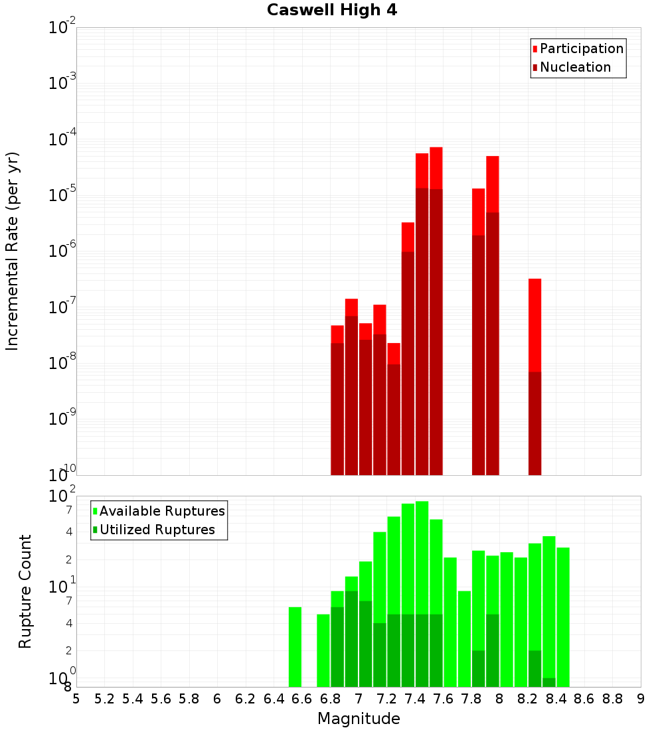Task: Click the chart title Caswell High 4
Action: pyautogui.click(x=332, y=11)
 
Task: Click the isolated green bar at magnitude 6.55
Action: pyautogui.click(x=295, y=646)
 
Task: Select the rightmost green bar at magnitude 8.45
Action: pyautogui.click(x=563, y=617)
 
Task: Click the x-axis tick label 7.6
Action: pyautogui.click(x=443, y=699)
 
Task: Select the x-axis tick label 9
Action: pyautogui.click(x=640, y=699)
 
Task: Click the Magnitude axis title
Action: pyautogui.click(x=359, y=718)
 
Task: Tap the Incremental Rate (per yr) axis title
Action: pyautogui.click(x=13, y=252)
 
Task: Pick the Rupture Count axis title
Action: pyautogui.click(x=25, y=591)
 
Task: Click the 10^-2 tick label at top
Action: pyautogui.click(x=62, y=27)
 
